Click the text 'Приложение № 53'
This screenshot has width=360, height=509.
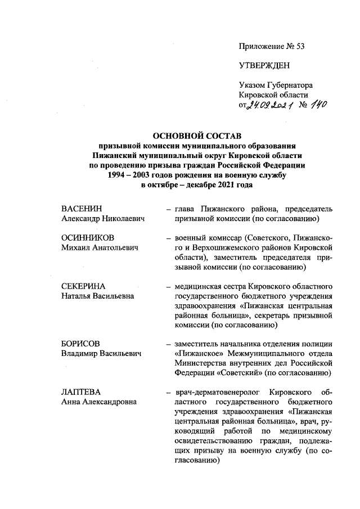pos(272,46)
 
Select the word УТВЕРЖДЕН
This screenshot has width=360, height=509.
pos(264,65)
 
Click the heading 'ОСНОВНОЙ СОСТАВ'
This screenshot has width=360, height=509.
pos(197,137)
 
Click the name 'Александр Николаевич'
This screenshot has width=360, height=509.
pos(103,219)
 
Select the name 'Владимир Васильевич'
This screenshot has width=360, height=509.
pos(101,354)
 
